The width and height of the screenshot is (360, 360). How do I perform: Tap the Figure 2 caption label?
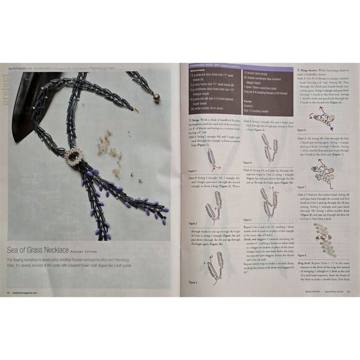click(x=193, y=223)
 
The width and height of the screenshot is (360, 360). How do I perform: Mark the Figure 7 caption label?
click(x=302, y=186)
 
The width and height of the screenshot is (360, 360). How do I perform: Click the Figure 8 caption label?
click(x=302, y=255)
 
